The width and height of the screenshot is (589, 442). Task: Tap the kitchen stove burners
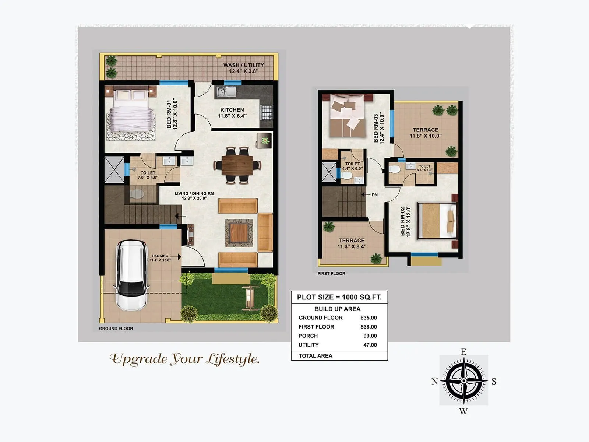pos(267,112)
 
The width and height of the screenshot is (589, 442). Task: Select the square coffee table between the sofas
pos(239,232)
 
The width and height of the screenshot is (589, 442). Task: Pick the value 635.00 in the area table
pos(368,318)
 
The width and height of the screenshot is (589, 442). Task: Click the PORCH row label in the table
pos(308,336)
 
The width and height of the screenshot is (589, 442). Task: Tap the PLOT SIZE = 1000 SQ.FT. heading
pos(339,297)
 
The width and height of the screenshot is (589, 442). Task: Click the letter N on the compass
pos(435,381)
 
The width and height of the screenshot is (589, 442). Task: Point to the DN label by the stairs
pos(374,195)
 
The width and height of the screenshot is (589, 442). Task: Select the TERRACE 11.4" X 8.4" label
pos(352,243)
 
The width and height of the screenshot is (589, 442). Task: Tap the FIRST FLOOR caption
pos(331,273)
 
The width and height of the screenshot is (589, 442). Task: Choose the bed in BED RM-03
pos(346,115)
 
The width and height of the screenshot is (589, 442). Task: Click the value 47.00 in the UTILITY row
pos(370,345)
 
